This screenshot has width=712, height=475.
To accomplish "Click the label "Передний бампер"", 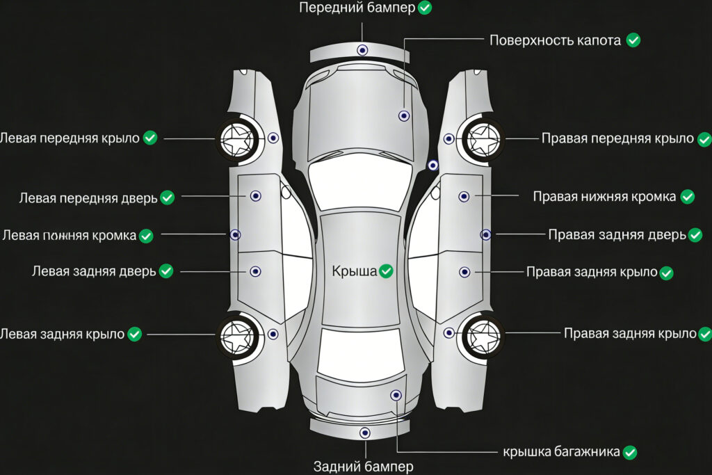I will tap(357, 8).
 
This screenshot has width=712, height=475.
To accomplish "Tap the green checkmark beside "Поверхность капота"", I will tap(633, 40).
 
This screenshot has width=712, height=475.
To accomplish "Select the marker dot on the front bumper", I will tap(362, 50).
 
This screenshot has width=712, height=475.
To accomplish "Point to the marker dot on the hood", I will tap(403, 115).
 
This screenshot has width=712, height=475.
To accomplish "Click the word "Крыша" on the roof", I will tap(354, 271).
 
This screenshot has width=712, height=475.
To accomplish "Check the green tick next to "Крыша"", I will tap(386, 271).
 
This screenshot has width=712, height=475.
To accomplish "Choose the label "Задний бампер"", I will tap(363, 466).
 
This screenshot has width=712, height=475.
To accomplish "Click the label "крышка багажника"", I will tap(561, 452).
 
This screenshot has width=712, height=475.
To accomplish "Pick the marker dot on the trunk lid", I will tap(396, 395).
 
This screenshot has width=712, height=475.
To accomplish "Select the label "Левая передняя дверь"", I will tap(88, 198).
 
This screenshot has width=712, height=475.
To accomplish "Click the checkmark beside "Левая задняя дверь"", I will tap(165, 271).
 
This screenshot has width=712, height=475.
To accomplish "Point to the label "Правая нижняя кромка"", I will tap(604, 197).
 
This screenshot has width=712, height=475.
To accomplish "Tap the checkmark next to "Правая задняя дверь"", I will tap(696, 234).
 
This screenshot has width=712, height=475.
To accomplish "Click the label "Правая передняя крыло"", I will tap(617, 138).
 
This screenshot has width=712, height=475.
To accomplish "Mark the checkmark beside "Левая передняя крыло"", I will tap(150, 138).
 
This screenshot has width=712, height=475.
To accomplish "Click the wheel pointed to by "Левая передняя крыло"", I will tap(236, 139).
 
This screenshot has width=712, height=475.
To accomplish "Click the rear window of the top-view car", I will tap(360, 351).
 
